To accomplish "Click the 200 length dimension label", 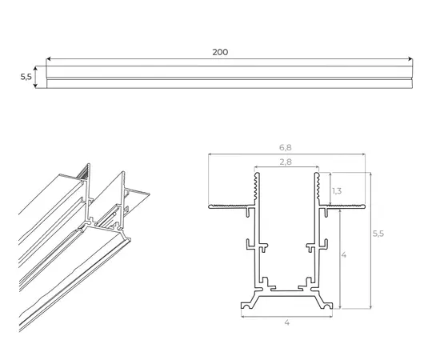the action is point(220,52).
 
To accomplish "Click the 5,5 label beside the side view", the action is point(26,77).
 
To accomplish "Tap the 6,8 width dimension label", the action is point(286,147).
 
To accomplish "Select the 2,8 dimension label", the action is point(286,162).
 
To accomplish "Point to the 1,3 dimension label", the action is point(337,191).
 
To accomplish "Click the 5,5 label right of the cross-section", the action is point(378,234).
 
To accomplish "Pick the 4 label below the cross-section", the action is point(286,322).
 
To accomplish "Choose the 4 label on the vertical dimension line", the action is point(344,255).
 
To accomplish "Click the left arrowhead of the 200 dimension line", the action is point(48,59).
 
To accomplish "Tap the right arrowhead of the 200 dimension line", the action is point(410,59).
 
